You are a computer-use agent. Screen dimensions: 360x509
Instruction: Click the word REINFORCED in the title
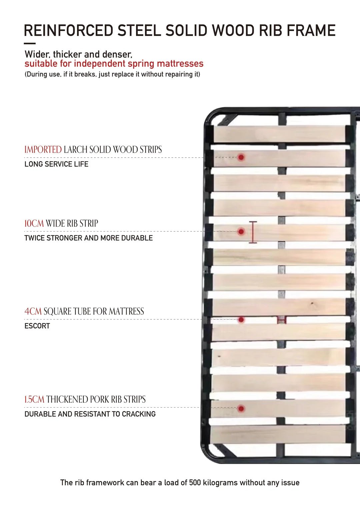point(69,30)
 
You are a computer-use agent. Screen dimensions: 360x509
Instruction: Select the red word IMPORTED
point(43,150)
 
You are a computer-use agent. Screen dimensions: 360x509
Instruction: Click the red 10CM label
point(34,223)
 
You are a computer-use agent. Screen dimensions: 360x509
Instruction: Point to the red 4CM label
point(33,311)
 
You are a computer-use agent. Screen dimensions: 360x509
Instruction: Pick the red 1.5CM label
point(34,399)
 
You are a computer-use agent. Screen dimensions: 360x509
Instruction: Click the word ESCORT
point(37,326)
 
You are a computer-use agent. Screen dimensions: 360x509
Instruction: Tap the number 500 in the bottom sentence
point(195,482)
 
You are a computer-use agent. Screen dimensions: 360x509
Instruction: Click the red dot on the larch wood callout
point(241,157)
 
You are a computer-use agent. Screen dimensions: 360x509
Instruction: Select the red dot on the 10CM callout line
point(241,232)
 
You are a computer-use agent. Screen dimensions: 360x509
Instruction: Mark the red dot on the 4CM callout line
point(241,320)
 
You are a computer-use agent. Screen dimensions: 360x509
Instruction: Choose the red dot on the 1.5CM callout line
point(241,408)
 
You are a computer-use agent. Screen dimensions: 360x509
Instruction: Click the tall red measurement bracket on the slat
point(253,232)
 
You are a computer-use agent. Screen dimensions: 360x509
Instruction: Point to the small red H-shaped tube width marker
point(282,320)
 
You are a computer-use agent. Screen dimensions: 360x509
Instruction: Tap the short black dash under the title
point(30,43)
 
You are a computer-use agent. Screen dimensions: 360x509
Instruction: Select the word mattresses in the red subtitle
point(180,64)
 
